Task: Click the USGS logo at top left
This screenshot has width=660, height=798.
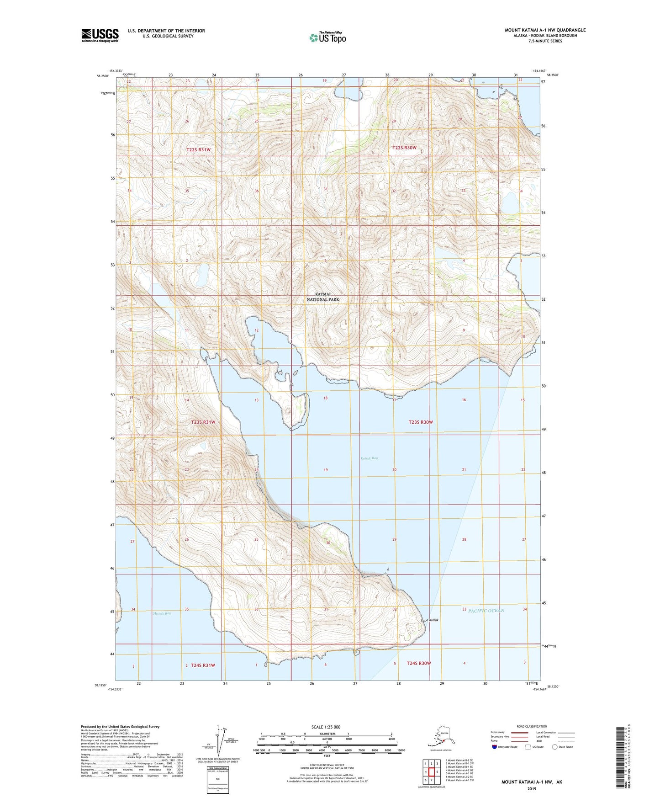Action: pos(100,35)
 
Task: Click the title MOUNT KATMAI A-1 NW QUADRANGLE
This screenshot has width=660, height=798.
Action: pos(545,30)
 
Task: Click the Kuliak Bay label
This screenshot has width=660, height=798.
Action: pos(369,458)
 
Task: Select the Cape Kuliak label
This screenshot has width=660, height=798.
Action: pos(429,620)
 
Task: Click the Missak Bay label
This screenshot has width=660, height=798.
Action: pos(162,613)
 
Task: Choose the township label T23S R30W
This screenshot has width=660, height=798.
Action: pos(420,422)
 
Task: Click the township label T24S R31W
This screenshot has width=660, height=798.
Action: pos(203,665)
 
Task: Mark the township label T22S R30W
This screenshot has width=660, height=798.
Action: pos(404,148)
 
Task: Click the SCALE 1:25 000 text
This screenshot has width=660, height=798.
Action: pos(326,727)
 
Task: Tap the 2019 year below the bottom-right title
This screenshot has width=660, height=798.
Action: pos(532,789)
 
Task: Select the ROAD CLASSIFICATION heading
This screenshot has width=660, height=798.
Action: pos(532,726)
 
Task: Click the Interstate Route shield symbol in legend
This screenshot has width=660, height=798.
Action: pos(495,747)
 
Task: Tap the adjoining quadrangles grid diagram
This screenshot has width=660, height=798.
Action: pos(431,772)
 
